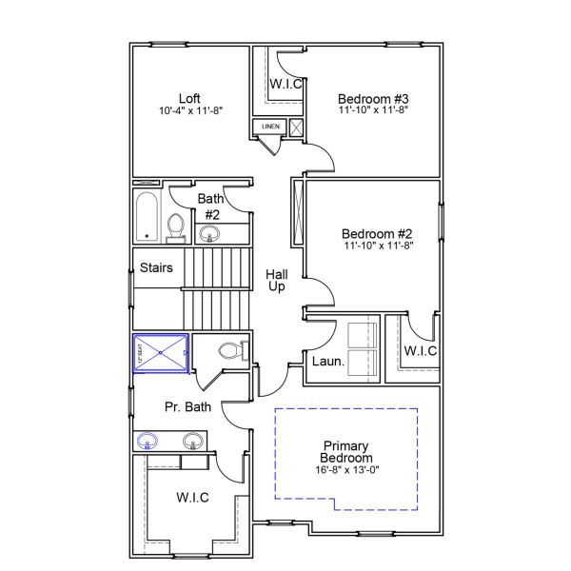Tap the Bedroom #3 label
[373, 98]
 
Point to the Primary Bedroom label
[346, 451]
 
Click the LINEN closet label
[270, 126]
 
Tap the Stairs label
[156, 267]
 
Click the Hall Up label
[277, 280]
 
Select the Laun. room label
[322, 361]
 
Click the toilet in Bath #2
[175, 227]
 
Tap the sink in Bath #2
[210, 235]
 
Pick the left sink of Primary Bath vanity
[148, 441]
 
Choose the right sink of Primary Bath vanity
[193, 442]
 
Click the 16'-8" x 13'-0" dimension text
[346, 470]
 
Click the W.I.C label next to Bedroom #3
[285, 84]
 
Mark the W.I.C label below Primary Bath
[192, 498]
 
